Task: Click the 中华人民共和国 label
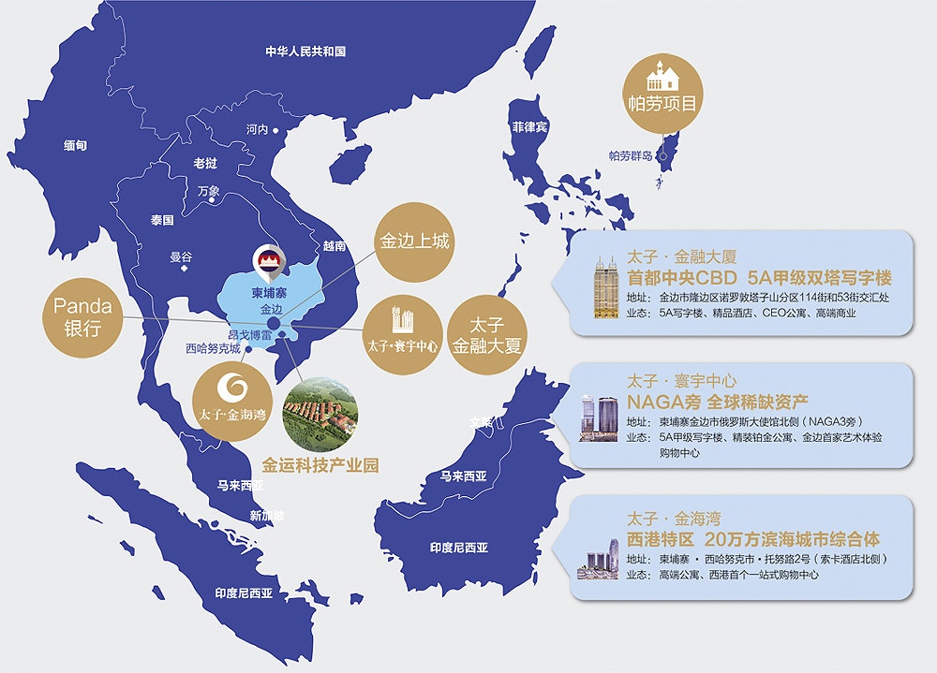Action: click(305, 51)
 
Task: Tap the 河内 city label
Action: click(257, 129)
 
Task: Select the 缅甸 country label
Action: click(75, 145)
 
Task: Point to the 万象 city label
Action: click(208, 191)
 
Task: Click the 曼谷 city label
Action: click(180, 256)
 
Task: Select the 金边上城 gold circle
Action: click(414, 241)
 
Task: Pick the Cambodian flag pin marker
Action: click(265, 260)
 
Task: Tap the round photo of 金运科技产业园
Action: click(320, 414)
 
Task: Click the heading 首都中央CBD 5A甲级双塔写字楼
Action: click(759, 278)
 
